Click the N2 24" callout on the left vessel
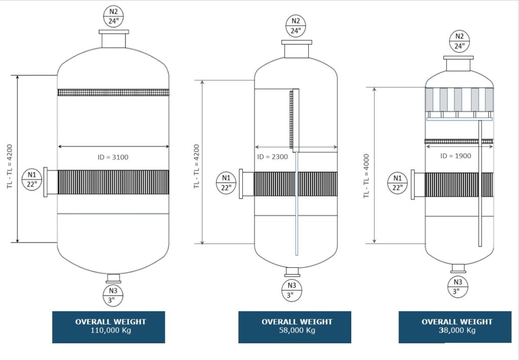pos(114,16)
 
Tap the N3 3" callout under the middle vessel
pos(292,291)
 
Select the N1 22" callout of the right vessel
pos(397,183)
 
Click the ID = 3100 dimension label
pos(113,157)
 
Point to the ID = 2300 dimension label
pos(272,157)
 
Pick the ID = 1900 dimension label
pos(455,155)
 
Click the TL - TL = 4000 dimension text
pos(366,176)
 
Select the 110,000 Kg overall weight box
pos(108,327)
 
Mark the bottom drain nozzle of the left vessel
pos(113,278)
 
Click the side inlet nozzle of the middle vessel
pos(246,184)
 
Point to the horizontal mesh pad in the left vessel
pos(113,92)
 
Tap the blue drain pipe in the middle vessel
pos(296,203)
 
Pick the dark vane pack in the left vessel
pos(113,183)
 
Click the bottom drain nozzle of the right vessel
pos(459,268)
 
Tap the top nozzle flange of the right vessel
pos(459,63)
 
